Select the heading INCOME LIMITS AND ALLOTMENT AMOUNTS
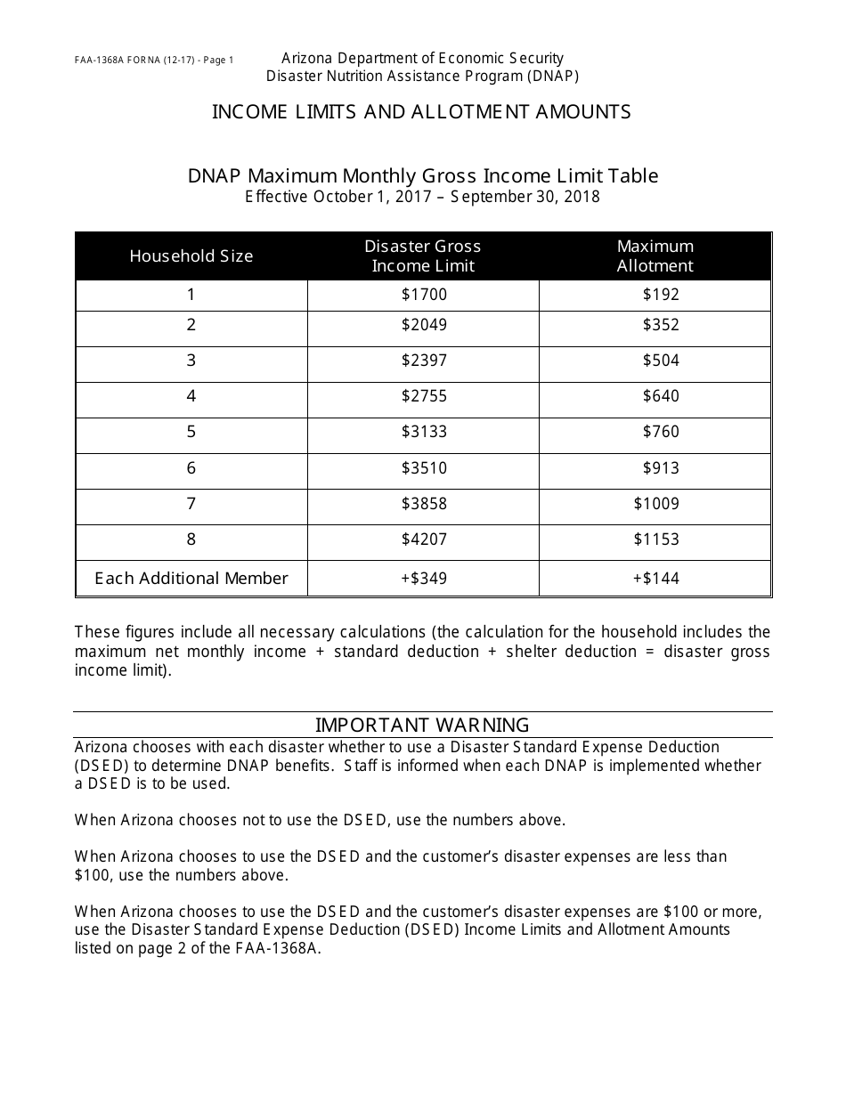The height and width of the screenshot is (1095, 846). pos(421,112)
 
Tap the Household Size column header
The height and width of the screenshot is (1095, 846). pos(191,256)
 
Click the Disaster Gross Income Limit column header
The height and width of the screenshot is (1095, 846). pos(423,256)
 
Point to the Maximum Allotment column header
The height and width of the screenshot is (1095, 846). pos(655,256)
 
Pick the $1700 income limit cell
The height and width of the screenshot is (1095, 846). pos(424,295)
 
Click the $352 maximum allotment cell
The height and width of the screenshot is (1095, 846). pos(661,325)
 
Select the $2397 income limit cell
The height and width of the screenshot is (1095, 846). pos(424,361)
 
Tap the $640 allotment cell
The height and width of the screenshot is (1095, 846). pos(661,396)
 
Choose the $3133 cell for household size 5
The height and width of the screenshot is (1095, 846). pos(424,432)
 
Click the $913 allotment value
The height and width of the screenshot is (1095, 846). pos(661,468)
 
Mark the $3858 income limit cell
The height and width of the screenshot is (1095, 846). pos(424,504)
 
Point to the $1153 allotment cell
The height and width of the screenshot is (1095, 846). pos(656,539)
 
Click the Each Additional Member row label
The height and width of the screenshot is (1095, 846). pos(191,579)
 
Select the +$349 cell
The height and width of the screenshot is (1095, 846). pos(424,579)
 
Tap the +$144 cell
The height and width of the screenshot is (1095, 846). pos(656,579)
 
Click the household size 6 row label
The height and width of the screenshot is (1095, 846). pos(191,468)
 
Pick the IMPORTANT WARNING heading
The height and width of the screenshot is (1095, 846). pos(422,725)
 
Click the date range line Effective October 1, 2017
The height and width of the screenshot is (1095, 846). pos(422,198)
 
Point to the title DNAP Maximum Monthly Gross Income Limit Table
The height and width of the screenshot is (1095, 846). pos(423,176)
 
